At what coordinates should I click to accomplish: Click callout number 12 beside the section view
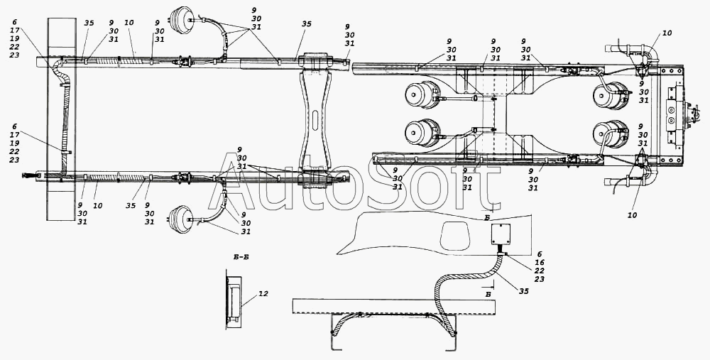tap(263, 294)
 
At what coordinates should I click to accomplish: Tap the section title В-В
tap(240, 257)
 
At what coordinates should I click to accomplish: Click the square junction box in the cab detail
tap(501, 234)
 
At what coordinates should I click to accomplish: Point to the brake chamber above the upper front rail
tap(177, 19)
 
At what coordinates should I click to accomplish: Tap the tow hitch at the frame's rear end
tap(692, 116)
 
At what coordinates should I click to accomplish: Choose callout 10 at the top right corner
tap(667, 33)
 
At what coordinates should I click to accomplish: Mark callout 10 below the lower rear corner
tap(632, 215)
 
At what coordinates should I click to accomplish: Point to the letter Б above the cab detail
tap(486, 218)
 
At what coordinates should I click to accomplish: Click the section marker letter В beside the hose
tap(487, 295)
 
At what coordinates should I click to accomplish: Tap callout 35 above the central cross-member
tap(307, 23)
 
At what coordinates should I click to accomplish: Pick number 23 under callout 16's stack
tap(539, 279)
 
